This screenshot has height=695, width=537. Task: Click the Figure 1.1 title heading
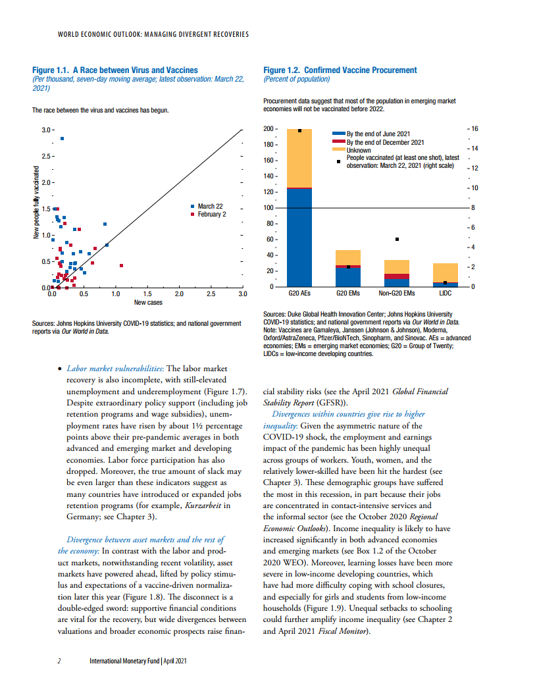[x=115, y=70]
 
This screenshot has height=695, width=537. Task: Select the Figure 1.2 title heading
[x=340, y=70]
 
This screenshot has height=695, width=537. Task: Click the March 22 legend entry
[x=210, y=207]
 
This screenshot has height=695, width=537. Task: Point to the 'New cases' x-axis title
[x=148, y=303]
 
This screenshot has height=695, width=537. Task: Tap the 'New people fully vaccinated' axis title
[x=37, y=201]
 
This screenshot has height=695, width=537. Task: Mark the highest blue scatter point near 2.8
[x=63, y=138]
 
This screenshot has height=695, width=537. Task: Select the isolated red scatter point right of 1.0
[x=121, y=265]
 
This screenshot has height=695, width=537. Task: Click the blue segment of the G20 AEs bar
[x=299, y=237]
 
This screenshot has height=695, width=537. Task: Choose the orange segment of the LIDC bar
[x=446, y=272]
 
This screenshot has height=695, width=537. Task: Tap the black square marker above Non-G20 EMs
[x=397, y=239]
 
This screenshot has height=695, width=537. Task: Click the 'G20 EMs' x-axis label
[x=347, y=293]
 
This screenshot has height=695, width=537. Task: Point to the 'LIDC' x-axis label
[x=446, y=293]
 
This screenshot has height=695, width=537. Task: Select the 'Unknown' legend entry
[x=358, y=150]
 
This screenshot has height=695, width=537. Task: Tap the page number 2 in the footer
[x=59, y=661]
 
